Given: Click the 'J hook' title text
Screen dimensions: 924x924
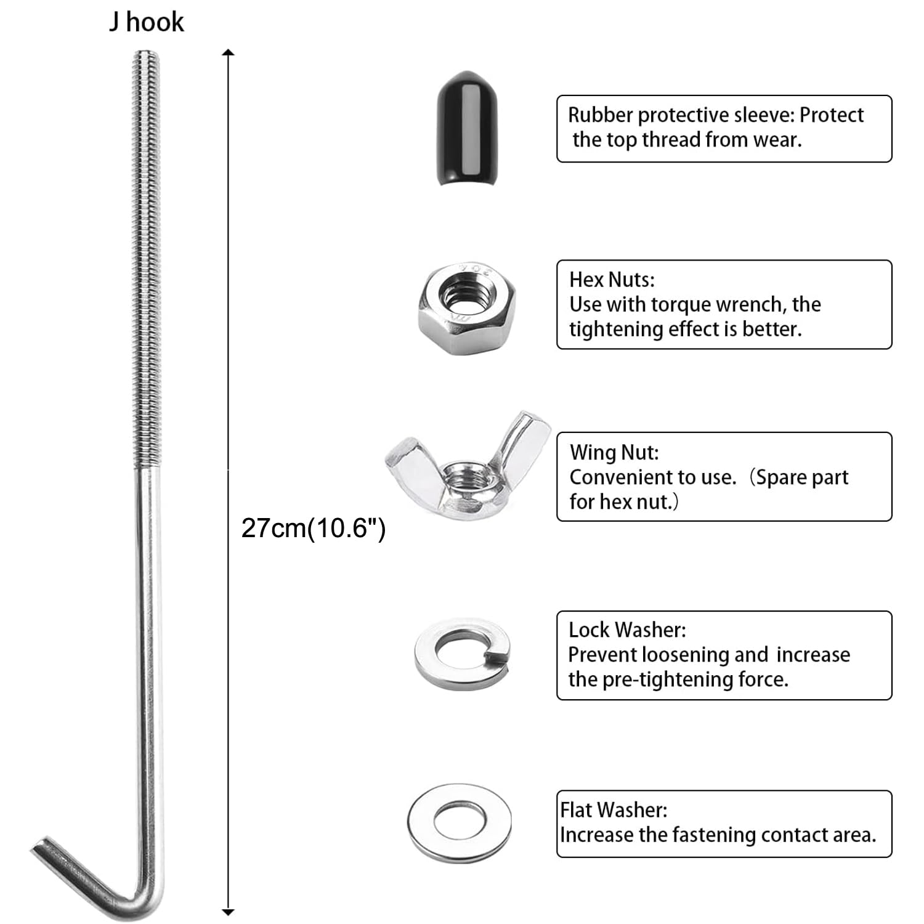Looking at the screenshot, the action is (x=147, y=22).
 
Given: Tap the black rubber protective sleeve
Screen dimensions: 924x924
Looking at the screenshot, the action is (x=467, y=128).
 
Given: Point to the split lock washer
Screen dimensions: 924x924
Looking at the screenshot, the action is (x=463, y=654).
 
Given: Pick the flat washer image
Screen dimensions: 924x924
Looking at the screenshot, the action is (x=460, y=822).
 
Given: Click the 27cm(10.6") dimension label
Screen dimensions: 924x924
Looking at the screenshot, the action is (x=313, y=528).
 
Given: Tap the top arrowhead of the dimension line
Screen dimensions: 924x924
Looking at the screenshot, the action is (x=228, y=52).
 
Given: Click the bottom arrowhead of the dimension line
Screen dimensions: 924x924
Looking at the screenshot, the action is (x=228, y=912).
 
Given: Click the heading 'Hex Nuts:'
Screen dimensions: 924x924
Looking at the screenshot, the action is (x=612, y=280).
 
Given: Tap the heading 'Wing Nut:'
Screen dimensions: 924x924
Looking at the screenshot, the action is (x=614, y=452).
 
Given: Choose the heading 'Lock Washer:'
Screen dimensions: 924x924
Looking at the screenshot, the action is (x=627, y=630).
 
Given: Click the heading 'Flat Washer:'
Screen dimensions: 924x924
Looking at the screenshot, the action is (x=614, y=809).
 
